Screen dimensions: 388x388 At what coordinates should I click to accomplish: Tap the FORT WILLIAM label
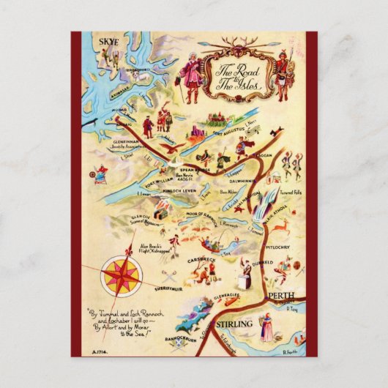coord(160,182)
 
